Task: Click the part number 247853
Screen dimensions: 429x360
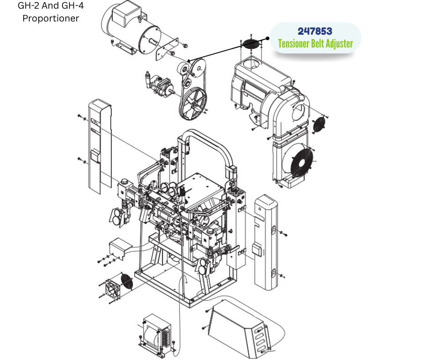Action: pos(315,31)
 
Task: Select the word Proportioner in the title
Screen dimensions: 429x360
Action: pos(51,18)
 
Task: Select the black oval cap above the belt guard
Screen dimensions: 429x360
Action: pos(251,44)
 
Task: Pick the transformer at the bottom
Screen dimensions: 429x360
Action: pos(157,334)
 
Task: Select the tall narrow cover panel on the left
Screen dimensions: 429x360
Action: pos(99,147)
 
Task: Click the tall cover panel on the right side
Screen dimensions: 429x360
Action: pos(266,243)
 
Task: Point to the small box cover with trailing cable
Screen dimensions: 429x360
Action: pos(120,248)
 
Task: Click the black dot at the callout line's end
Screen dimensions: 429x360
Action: pos(267,39)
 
